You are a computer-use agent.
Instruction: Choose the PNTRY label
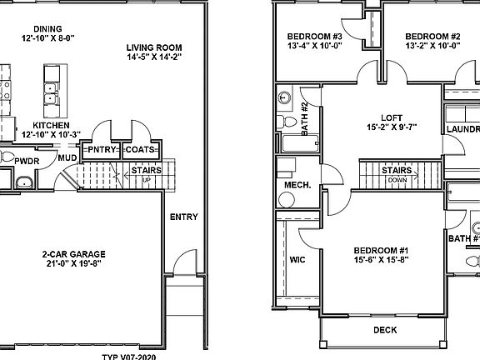[103, 150]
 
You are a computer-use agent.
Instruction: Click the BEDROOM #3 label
[315, 37]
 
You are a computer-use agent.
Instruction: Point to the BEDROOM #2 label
[432, 37]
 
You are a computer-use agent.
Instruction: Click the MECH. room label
[299, 185]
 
